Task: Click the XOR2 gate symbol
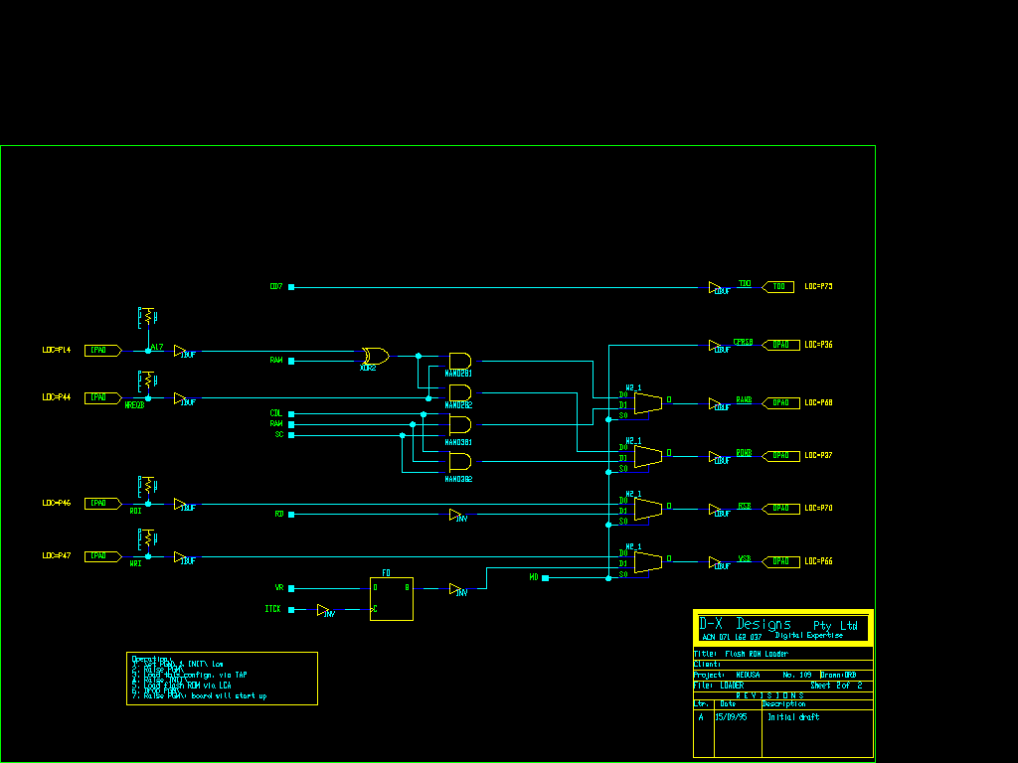(x=375, y=356)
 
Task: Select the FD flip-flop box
(x=391, y=598)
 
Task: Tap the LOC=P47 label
(x=57, y=556)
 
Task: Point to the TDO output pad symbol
(x=778, y=287)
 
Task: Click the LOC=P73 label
(x=818, y=287)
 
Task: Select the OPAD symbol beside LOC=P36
(x=780, y=345)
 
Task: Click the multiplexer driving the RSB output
(x=647, y=509)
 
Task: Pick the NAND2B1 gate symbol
(x=459, y=361)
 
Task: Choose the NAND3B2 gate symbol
(x=459, y=462)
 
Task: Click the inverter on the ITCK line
(x=325, y=611)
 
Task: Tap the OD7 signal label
(x=276, y=286)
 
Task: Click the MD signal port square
(x=545, y=577)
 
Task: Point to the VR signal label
(x=279, y=588)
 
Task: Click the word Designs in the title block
(x=763, y=624)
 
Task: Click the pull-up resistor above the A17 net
(x=147, y=318)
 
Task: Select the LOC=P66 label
(x=818, y=561)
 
